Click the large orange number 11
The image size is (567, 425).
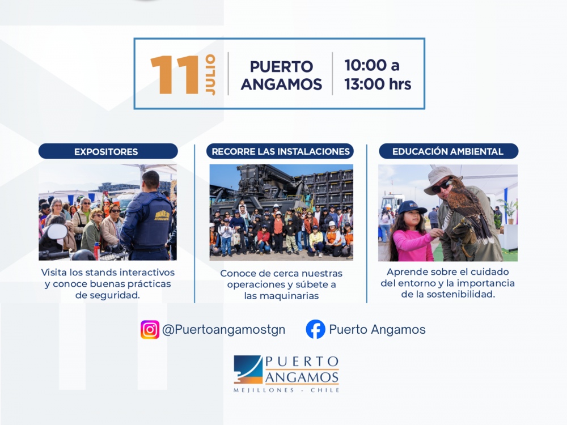pos(175,75)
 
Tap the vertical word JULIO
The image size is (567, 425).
pos(210,75)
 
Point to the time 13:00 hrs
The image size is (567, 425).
pos(378,84)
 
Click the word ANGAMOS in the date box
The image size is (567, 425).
pos(281,84)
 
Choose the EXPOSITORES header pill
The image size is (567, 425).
pos(108,151)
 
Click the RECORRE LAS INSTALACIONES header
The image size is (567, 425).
pos(280,151)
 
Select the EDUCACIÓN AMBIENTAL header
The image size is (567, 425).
pos(448,151)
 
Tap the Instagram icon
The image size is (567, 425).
pos(150,330)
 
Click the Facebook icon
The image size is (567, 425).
pos(315,329)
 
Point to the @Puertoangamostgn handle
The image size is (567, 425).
pos(224,330)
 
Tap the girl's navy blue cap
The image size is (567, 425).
pos(412,207)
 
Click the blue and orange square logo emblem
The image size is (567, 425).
pos(248,369)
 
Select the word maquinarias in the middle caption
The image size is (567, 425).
pos(281,296)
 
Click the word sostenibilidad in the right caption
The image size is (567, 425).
pos(460,295)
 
